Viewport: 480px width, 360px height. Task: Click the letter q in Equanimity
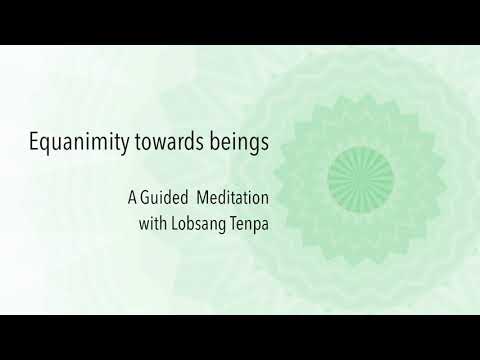pyautogui.click(x=48, y=147)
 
